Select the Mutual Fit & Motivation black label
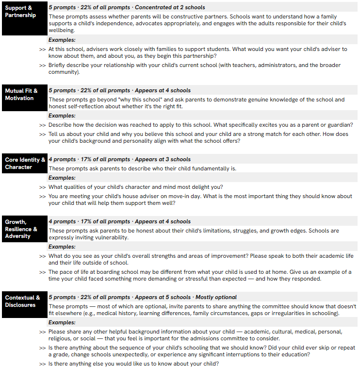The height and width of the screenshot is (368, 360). click(x=21, y=94)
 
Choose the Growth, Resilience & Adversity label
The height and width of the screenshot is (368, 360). click(x=21, y=229)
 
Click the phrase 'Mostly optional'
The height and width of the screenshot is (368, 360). click(x=216, y=297)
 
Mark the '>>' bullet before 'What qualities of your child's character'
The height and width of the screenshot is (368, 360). click(x=42, y=187)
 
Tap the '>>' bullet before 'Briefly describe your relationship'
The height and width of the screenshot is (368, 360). click(x=42, y=66)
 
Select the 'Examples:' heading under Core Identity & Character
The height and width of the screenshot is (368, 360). click(x=62, y=178)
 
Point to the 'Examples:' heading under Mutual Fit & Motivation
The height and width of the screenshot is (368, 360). click(x=62, y=116)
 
